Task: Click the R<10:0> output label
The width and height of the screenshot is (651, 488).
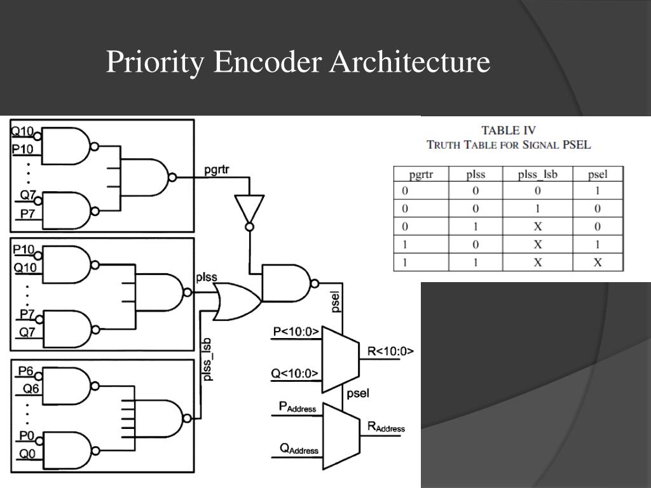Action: tap(390, 351)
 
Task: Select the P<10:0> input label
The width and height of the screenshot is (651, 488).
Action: tap(296, 331)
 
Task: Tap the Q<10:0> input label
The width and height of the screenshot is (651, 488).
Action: tap(295, 373)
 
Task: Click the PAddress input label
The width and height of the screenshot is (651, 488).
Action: tap(298, 407)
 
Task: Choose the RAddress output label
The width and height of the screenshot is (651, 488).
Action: tap(386, 427)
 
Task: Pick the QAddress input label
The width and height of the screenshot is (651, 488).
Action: tap(299, 449)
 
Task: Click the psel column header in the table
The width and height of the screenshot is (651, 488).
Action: tap(598, 173)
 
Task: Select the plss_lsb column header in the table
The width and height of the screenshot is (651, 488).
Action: tap(537, 173)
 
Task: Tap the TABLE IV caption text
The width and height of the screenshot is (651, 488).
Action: tap(509, 130)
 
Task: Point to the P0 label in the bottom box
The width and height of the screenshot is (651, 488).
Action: tap(25, 436)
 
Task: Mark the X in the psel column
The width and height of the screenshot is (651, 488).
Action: tap(598, 262)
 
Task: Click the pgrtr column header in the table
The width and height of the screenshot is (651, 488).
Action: tap(421, 173)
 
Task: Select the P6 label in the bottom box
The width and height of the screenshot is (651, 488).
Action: tap(25, 370)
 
